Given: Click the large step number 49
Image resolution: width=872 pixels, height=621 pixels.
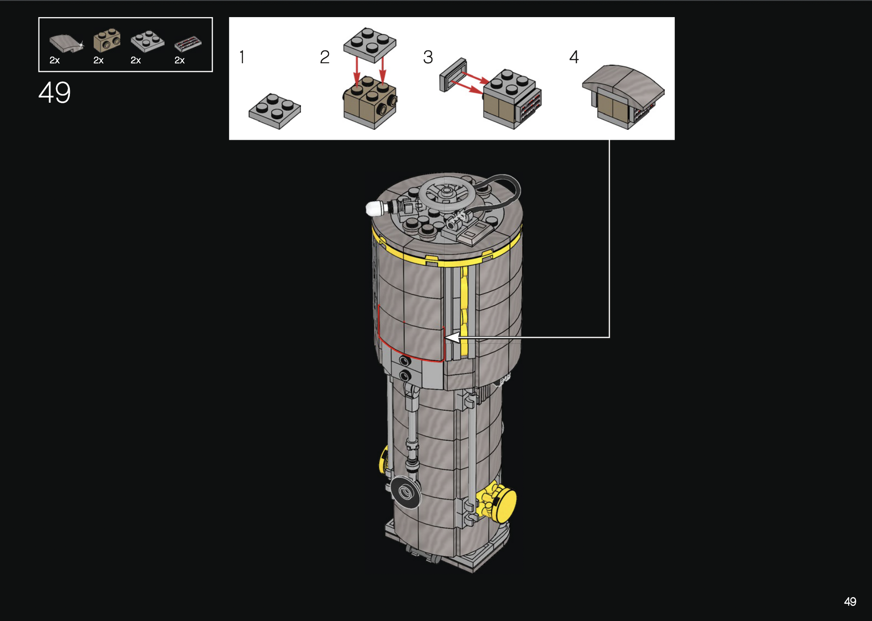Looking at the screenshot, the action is pos(55,92).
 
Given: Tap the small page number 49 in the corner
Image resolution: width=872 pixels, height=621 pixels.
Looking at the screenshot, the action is pos(850,602).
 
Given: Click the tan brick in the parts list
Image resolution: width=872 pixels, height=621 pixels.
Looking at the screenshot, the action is pos(107,41).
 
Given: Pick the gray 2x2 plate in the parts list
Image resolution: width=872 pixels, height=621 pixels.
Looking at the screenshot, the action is pos(147,41).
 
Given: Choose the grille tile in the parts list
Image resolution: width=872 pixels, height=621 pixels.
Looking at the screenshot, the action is pos(188,44).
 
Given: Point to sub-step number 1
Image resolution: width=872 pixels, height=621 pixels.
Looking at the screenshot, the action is pos(242,57).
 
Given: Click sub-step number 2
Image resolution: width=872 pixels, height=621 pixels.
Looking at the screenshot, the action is pos(325,57).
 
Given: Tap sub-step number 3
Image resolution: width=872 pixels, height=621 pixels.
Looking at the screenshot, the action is pos(428,57).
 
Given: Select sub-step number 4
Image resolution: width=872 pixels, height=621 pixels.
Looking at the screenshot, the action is pos(574,57).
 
